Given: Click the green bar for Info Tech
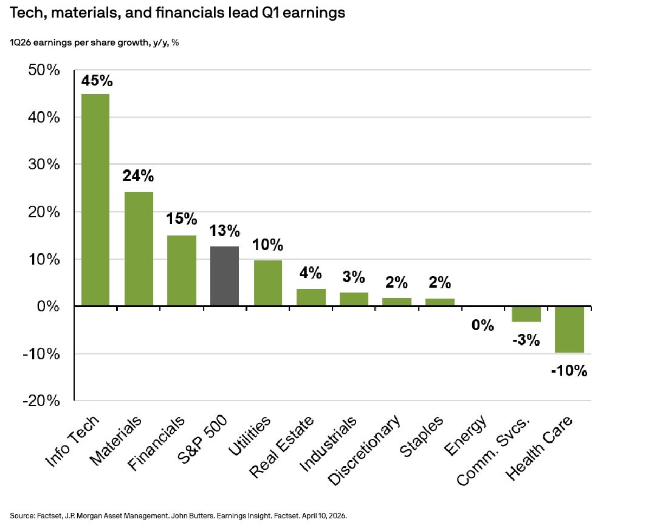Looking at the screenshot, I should click(x=95, y=200).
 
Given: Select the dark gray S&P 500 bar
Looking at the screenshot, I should click(x=224, y=276).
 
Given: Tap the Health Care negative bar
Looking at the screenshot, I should click(x=569, y=330).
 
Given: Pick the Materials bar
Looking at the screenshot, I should click(x=139, y=249).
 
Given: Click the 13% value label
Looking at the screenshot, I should click(x=224, y=231).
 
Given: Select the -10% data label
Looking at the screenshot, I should click(x=569, y=370).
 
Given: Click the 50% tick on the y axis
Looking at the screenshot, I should click(x=44, y=70).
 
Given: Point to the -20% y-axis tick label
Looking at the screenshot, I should click(x=42, y=401).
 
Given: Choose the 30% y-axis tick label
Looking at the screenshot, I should click(x=44, y=165).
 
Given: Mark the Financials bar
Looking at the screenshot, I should click(x=182, y=271).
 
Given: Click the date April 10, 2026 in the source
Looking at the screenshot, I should click(x=322, y=515).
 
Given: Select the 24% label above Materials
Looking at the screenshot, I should click(x=139, y=177).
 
